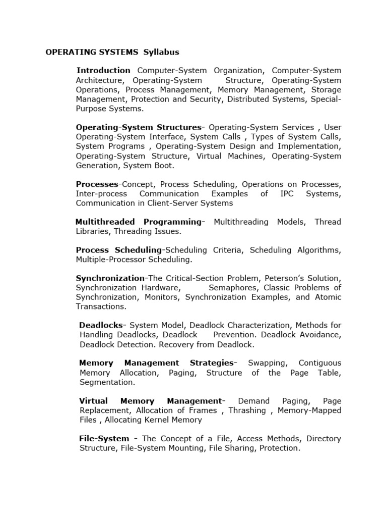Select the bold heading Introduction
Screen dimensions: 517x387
click(103, 70)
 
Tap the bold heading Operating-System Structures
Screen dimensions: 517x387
click(138, 127)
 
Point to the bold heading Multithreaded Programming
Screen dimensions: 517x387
click(138, 222)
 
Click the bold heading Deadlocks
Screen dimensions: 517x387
click(101, 326)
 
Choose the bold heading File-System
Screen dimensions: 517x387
click(104, 439)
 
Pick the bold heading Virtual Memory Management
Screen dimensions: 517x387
click(150, 401)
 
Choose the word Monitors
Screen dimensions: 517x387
click(161, 297)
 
